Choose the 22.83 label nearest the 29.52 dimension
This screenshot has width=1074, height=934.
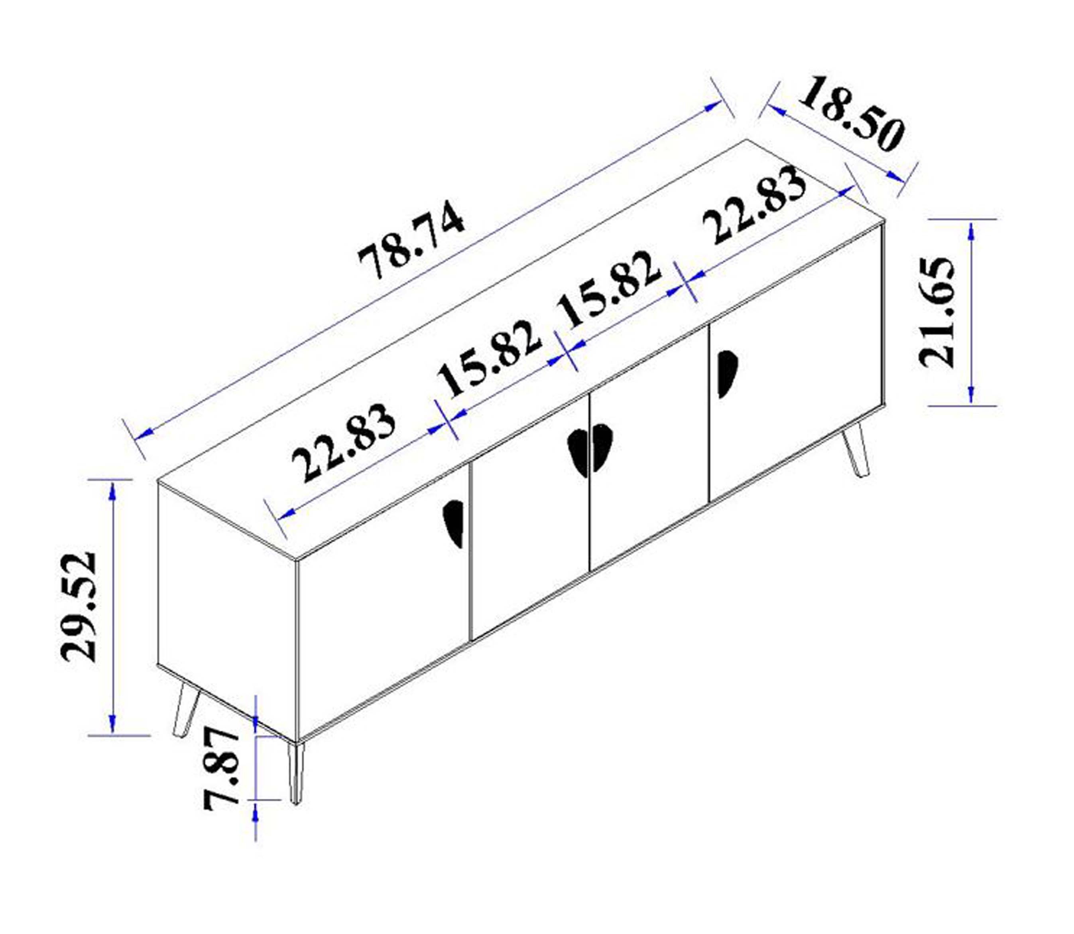pos(343,443)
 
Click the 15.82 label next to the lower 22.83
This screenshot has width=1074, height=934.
pos(488,359)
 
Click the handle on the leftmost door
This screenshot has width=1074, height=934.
pos(454,523)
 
